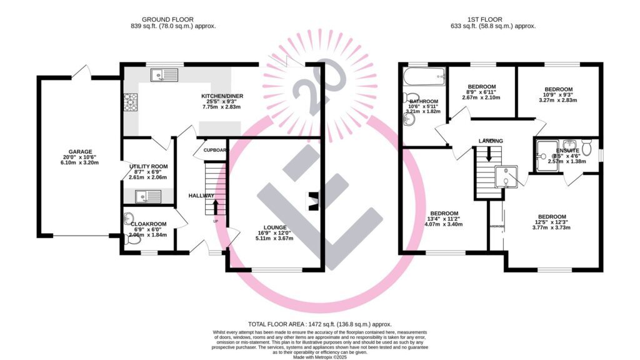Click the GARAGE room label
pos(81,152)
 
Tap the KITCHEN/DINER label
pos(222,96)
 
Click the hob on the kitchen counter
pos(131,102)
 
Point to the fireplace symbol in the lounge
pos(313,201)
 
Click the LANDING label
pos(491,141)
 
